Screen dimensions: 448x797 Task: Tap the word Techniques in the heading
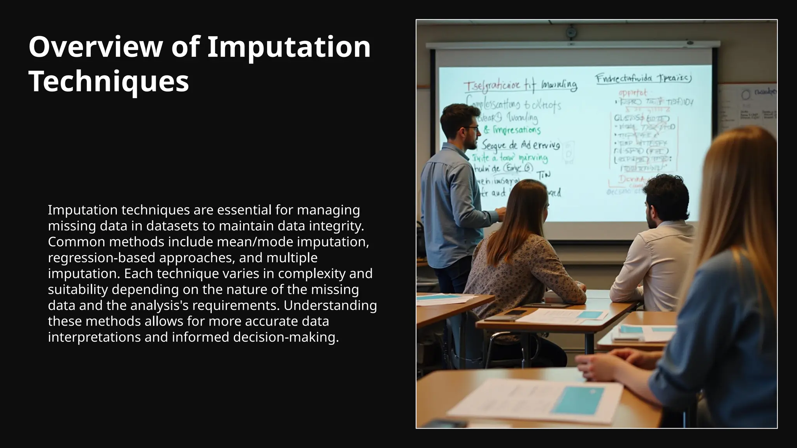[x=109, y=81]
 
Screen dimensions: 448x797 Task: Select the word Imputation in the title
[x=289, y=47]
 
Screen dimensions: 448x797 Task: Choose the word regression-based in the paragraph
[x=102, y=258]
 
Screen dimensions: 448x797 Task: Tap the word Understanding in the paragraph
[x=330, y=306]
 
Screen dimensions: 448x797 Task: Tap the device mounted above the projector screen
[x=571, y=32]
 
